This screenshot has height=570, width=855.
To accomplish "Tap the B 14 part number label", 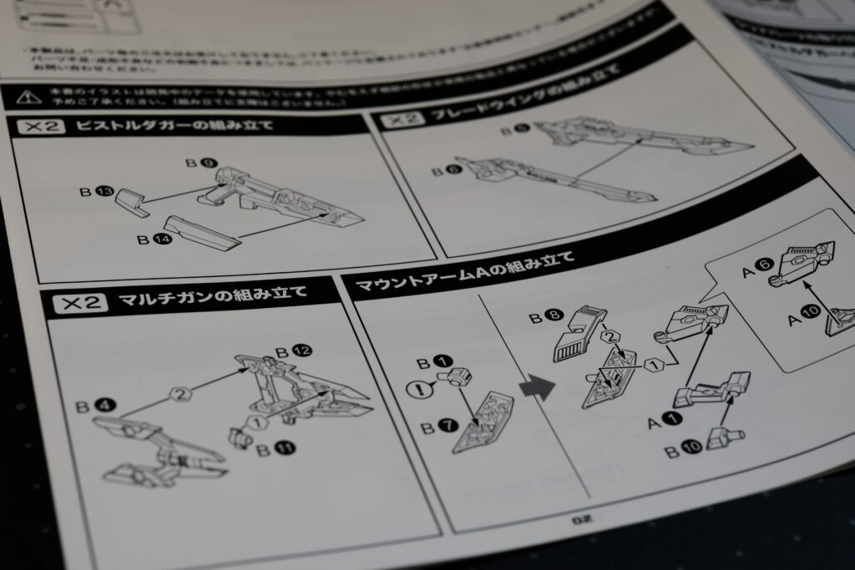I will [150, 239].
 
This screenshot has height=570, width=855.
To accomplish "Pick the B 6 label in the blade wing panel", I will [443, 171].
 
